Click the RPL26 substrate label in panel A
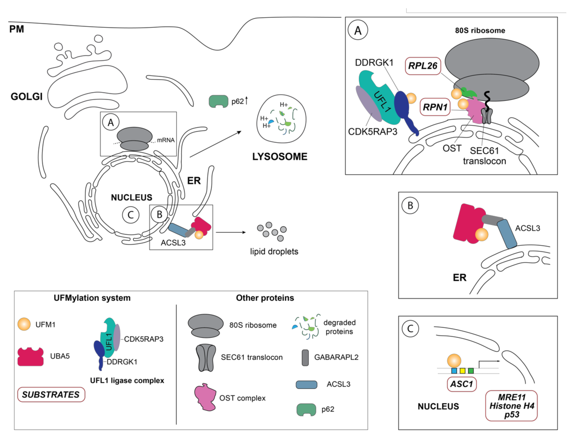click(x=423, y=66)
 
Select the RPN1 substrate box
click(x=435, y=107)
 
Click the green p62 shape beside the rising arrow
click(x=218, y=101)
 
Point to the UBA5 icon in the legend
click(x=30, y=356)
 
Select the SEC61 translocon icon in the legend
click(x=206, y=357)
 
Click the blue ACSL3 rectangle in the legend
click(x=306, y=385)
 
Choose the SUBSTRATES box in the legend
click(x=51, y=394)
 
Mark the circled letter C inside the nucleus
click(x=131, y=215)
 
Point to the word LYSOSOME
click(x=280, y=157)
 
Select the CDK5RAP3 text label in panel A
click(x=373, y=131)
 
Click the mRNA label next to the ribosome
click(x=166, y=140)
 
